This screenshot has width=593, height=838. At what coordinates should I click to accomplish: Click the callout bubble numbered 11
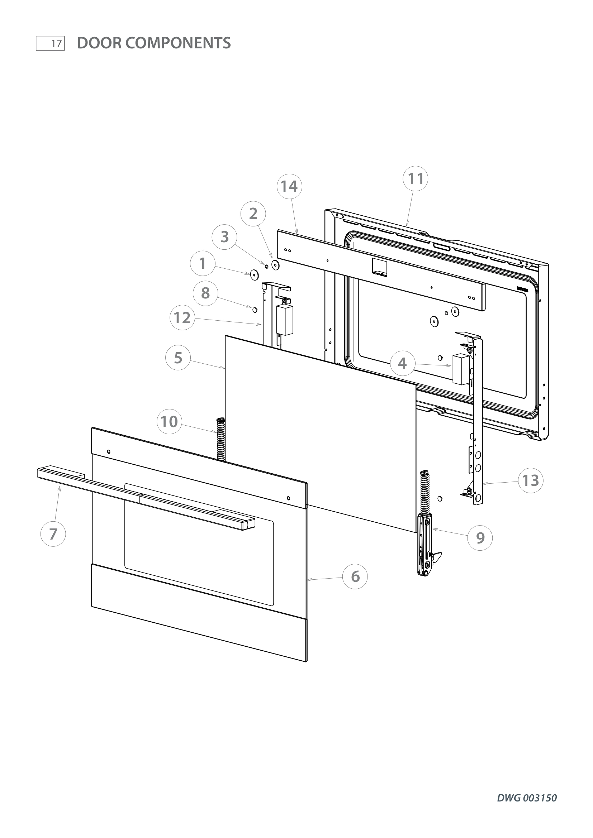click(416, 179)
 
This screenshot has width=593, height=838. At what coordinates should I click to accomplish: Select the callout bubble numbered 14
click(289, 186)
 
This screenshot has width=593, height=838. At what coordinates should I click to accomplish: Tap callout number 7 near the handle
click(53, 534)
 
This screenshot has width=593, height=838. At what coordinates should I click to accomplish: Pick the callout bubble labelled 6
click(355, 577)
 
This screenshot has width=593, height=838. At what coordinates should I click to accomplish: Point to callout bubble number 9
click(480, 538)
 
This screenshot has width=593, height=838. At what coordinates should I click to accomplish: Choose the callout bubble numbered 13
click(531, 481)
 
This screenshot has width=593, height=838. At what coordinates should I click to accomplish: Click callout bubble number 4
click(402, 363)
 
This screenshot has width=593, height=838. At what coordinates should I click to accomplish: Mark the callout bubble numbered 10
click(170, 422)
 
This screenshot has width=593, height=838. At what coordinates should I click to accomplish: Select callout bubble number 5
click(178, 358)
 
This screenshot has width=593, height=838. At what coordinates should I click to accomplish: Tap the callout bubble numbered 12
click(182, 317)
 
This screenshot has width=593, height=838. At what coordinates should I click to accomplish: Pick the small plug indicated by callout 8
click(255, 310)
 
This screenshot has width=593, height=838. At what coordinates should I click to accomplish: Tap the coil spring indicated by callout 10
click(221, 440)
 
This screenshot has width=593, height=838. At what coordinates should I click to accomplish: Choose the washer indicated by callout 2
click(275, 265)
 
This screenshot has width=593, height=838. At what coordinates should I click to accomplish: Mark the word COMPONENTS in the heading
click(179, 43)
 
